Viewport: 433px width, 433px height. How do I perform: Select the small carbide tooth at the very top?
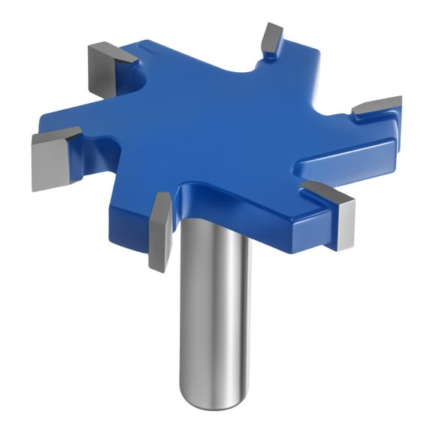click(271, 37)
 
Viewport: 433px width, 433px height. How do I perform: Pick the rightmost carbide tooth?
click(378, 106)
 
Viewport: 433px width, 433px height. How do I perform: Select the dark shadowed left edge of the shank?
click(183, 316)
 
